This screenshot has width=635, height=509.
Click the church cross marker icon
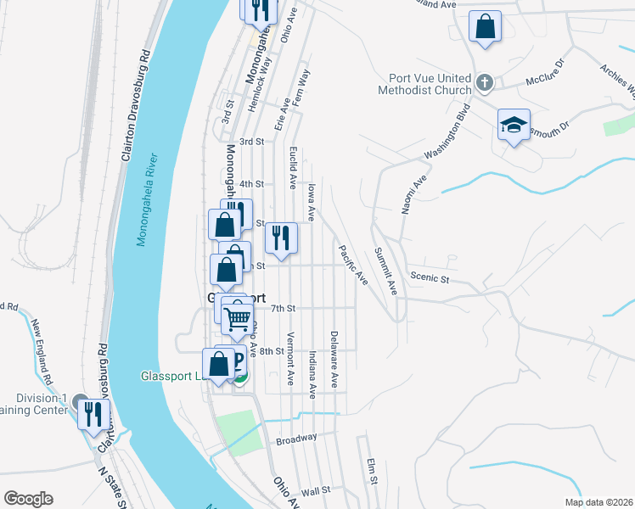tap(485, 83)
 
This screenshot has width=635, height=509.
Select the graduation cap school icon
tap(514, 125)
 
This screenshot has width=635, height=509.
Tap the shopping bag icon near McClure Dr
tap(485, 26)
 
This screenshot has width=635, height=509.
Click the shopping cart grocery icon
tap(238, 317)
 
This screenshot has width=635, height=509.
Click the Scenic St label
tap(428, 277)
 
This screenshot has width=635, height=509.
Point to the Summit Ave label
tap(386, 271)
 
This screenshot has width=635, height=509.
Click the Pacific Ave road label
tap(351, 265)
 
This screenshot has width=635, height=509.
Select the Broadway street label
tap(296, 439)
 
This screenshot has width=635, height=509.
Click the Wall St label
tap(315, 491)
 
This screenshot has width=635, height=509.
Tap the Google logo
tap(28, 499)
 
